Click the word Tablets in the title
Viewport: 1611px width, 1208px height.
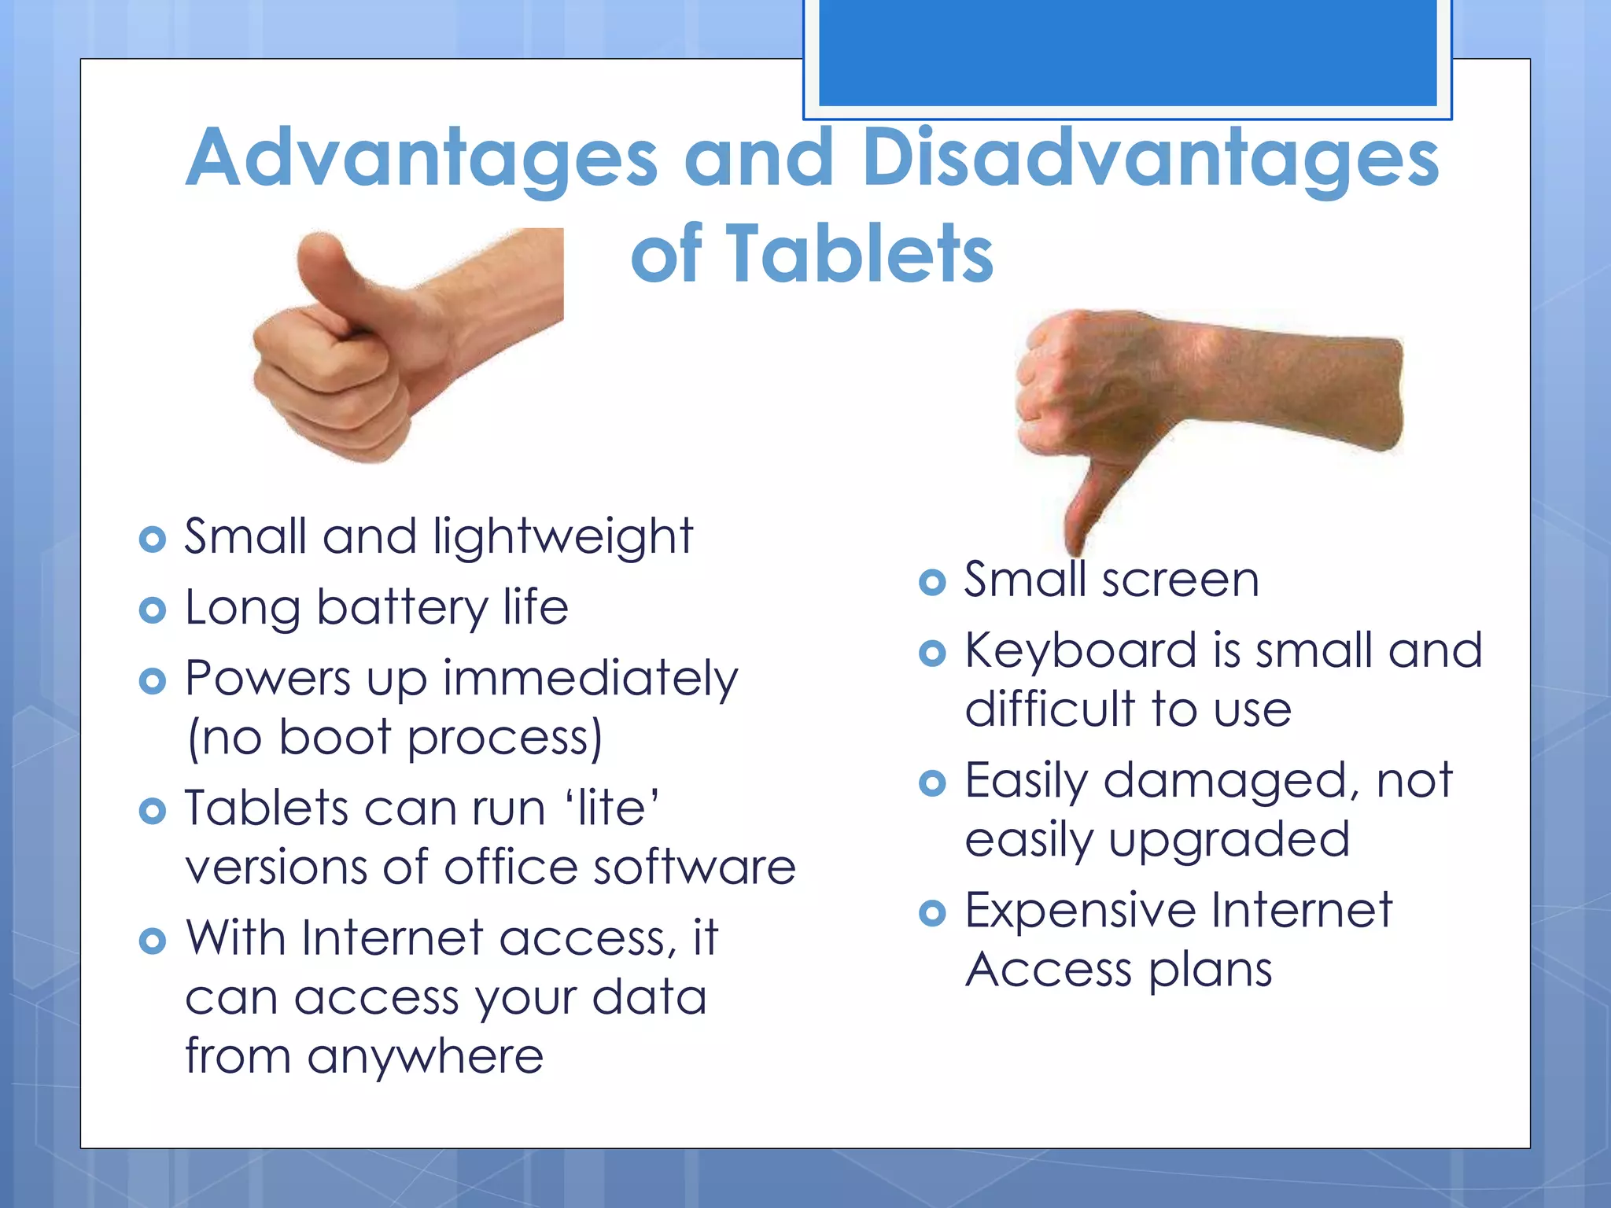pos(859,253)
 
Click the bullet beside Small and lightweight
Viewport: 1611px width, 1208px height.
pos(152,540)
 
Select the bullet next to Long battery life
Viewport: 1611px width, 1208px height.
pos(152,610)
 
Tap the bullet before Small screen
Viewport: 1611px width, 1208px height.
pos(932,583)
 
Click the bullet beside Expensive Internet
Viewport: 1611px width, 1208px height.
pos(932,913)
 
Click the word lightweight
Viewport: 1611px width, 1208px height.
pos(562,538)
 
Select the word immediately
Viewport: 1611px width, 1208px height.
pos(591,679)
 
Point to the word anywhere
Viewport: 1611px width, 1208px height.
pos(425,1056)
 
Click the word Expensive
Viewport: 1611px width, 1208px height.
pos(1082,911)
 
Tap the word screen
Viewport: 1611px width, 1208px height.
pos(1180,580)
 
